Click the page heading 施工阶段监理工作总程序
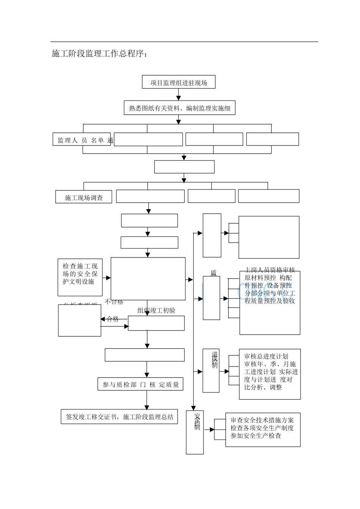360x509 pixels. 99,54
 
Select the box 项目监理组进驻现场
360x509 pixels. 178,83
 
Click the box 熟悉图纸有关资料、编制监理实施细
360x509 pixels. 180,108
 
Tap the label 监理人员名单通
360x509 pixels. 85,141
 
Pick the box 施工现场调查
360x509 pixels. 84,197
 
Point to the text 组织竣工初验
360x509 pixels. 156,311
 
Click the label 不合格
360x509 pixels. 114,302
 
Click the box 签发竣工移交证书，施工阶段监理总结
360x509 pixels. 119,417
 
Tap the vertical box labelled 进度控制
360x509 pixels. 211,370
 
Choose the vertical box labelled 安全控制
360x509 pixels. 195,432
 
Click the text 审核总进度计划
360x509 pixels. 266,356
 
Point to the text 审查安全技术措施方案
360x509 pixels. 262,420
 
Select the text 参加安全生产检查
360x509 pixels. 256,436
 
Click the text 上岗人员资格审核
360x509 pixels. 270,270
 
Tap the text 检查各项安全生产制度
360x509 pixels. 262,428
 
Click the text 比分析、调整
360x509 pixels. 263,387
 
